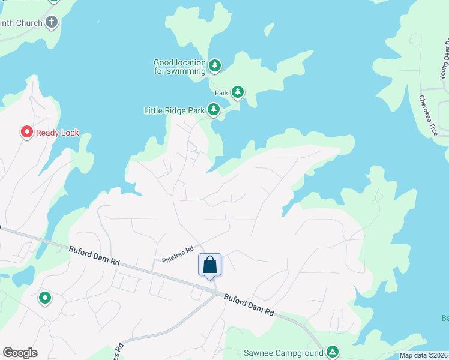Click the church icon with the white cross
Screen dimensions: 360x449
(x=52, y=23)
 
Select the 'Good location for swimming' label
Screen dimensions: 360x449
(x=179, y=66)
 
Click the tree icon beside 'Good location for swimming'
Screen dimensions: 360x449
(x=215, y=65)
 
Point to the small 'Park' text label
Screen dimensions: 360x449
(x=221, y=93)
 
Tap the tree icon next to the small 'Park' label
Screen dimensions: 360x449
(x=238, y=92)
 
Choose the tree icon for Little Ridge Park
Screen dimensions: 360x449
(x=213, y=109)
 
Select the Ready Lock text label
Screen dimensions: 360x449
(x=58, y=133)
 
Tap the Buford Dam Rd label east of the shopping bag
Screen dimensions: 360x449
(x=249, y=304)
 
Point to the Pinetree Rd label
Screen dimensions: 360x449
(x=178, y=254)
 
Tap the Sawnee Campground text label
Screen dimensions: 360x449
(x=283, y=353)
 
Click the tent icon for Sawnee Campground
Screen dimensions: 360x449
(x=332, y=352)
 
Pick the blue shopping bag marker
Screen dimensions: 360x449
(x=209, y=265)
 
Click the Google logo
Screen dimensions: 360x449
(x=20, y=353)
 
